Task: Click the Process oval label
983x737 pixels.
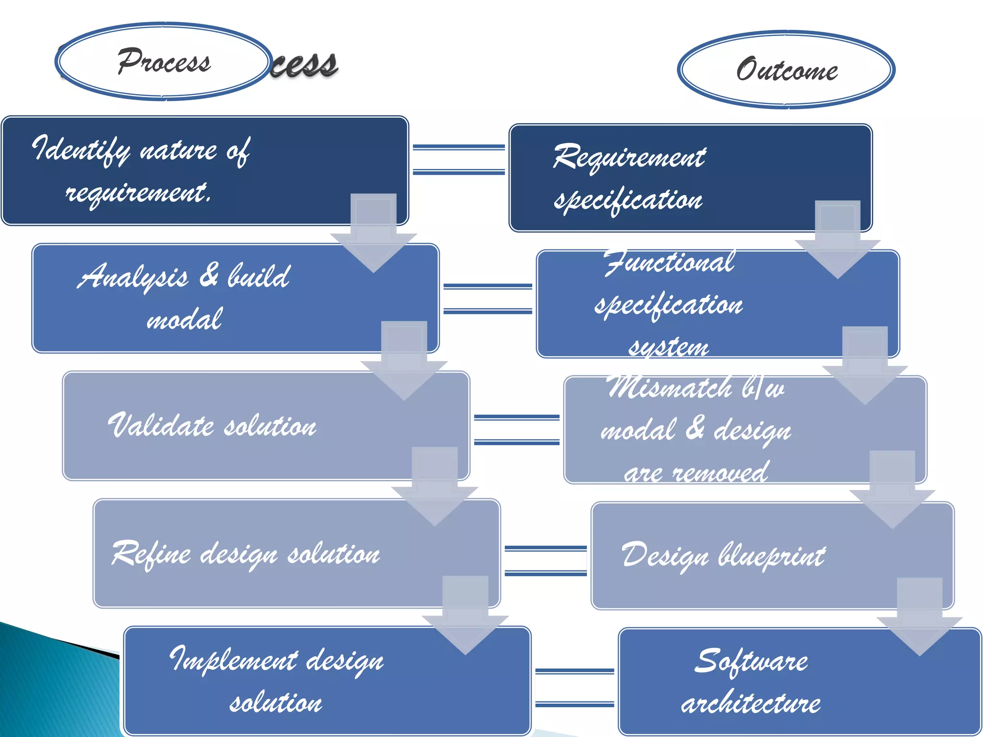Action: [x=163, y=61]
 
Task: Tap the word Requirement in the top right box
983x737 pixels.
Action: [x=629, y=157]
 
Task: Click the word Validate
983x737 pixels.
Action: [x=161, y=426]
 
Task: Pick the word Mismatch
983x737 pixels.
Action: [x=670, y=388]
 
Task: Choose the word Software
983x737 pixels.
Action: [x=751, y=662]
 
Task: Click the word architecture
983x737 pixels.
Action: [x=751, y=703]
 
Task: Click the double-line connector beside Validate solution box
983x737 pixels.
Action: [x=516, y=430]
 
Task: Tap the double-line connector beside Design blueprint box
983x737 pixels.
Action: [x=546, y=560]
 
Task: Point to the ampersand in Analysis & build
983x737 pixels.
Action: [x=209, y=276]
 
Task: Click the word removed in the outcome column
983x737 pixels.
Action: [x=719, y=473]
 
